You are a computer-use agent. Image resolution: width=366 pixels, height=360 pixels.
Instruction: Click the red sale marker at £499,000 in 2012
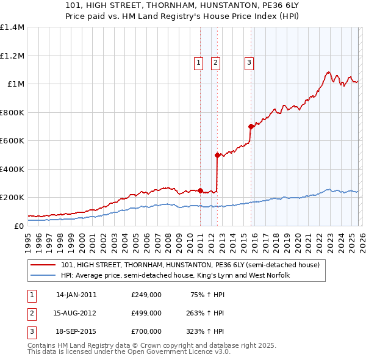pyautogui.click(x=217, y=155)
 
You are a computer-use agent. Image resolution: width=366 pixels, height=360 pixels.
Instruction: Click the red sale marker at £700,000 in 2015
pyautogui.click(x=251, y=127)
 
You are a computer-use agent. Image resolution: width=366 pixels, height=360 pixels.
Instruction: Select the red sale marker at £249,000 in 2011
pyautogui.click(x=200, y=190)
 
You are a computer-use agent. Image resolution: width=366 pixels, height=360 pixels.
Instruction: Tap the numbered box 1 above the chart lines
pyautogui.click(x=199, y=62)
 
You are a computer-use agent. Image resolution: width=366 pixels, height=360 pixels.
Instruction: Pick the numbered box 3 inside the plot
pyautogui.click(x=249, y=62)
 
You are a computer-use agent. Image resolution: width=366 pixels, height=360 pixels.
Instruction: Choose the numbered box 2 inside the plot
pyautogui.click(x=216, y=62)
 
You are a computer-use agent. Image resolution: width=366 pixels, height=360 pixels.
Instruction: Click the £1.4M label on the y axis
pyautogui.click(x=12, y=27)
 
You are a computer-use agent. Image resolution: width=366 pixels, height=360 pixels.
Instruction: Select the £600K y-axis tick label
pyautogui.click(x=12, y=141)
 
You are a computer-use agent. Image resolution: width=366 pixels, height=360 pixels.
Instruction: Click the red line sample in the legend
pyautogui.click(x=43, y=265)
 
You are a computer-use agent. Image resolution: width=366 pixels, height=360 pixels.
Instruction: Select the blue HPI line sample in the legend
pyautogui.click(x=43, y=276)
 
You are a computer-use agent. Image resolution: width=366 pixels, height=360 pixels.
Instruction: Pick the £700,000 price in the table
pyautogui.click(x=146, y=331)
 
